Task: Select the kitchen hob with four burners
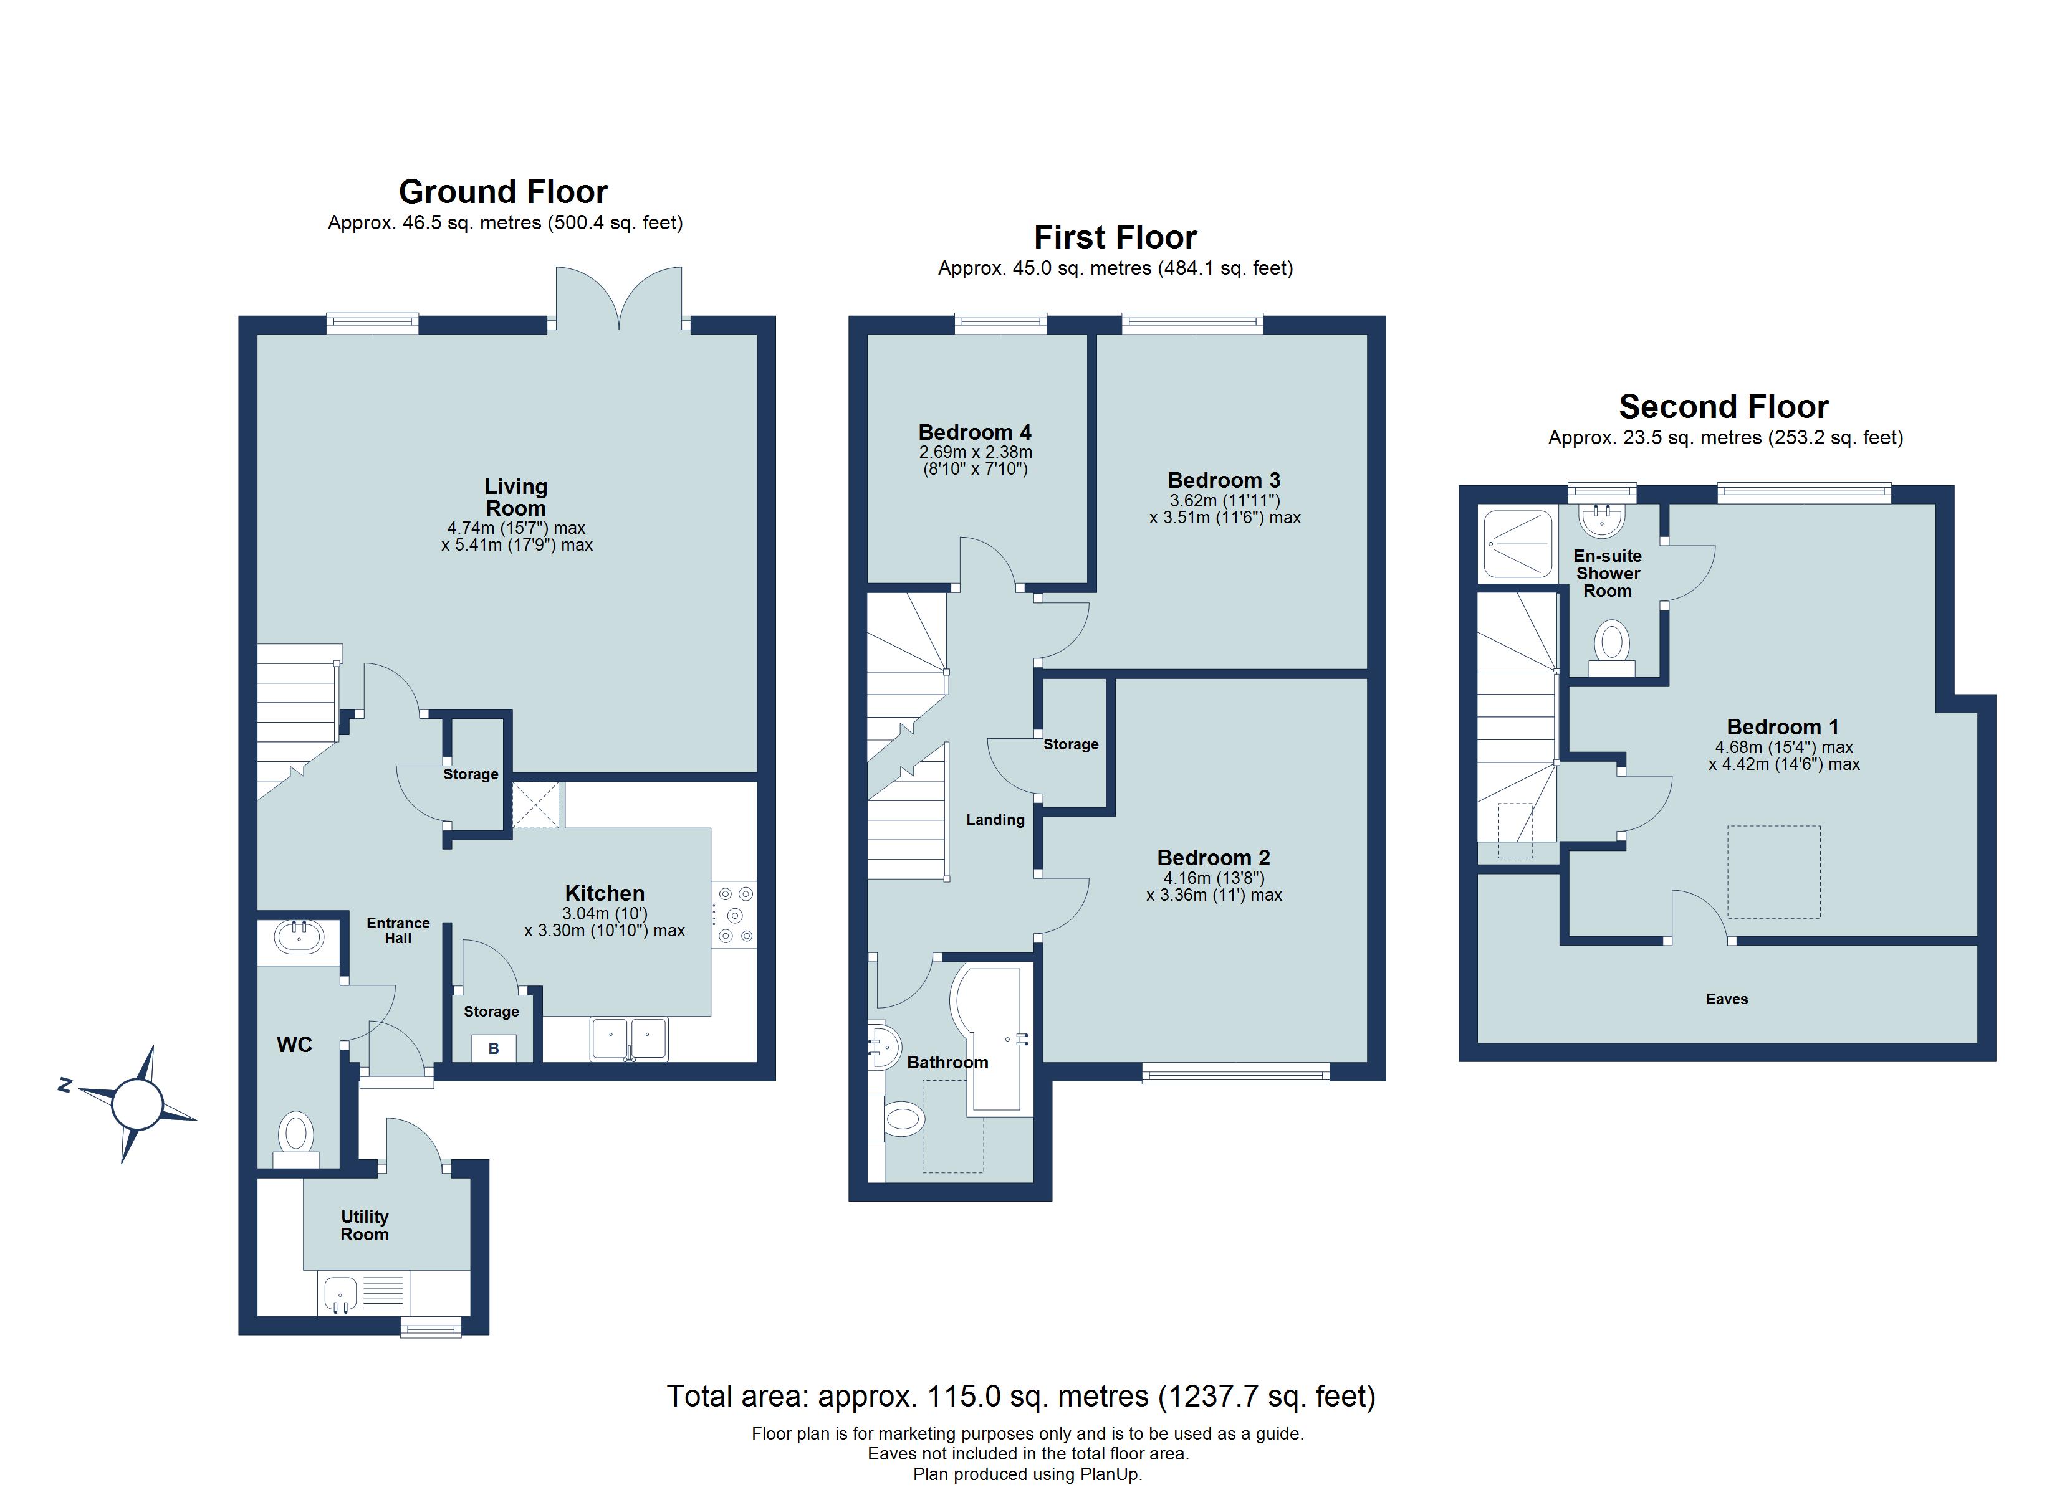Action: pos(734,915)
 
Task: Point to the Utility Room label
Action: pos(365,1226)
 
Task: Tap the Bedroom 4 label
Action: pos(974,432)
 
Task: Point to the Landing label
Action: pos(995,820)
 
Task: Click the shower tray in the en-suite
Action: pos(1517,545)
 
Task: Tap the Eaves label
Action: pos(1726,999)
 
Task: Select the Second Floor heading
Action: pos(1724,406)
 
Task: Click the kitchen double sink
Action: pos(630,1038)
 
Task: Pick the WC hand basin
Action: pos(299,936)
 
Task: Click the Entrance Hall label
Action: pos(398,930)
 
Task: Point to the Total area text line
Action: pos(1020,1395)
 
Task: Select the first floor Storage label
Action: pos(1070,744)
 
